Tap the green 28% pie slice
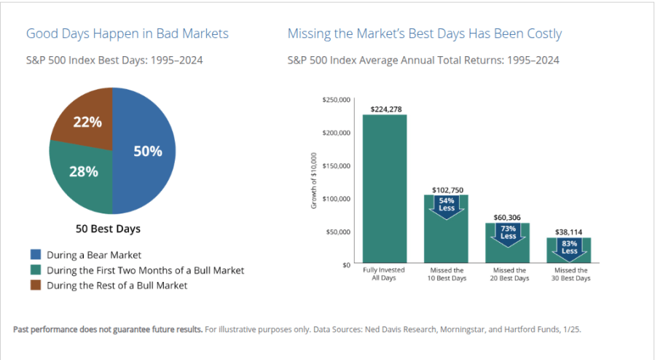coord(82,175)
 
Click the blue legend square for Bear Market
coord(35,255)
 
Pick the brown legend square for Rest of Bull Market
coord(35,285)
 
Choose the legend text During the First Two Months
coord(145,270)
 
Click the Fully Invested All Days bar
coord(384,189)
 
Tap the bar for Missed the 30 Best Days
coord(569,254)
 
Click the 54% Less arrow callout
coord(447,205)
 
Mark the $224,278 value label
coord(385,109)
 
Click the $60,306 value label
coord(508,217)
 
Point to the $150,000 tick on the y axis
coord(336,165)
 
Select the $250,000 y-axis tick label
coord(336,99)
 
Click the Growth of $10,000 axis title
coord(314,181)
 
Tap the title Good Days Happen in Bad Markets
coord(127,34)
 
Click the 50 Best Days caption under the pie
coord(108,229)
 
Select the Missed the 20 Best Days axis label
coord(508,274)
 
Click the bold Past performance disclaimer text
coord(108,329)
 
